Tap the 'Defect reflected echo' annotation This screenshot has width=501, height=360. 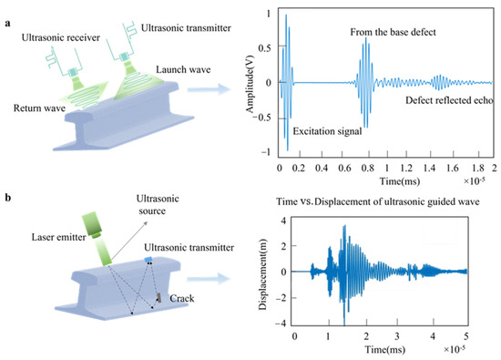coord(447,100)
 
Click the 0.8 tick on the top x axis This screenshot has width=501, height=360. coord(365,169)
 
